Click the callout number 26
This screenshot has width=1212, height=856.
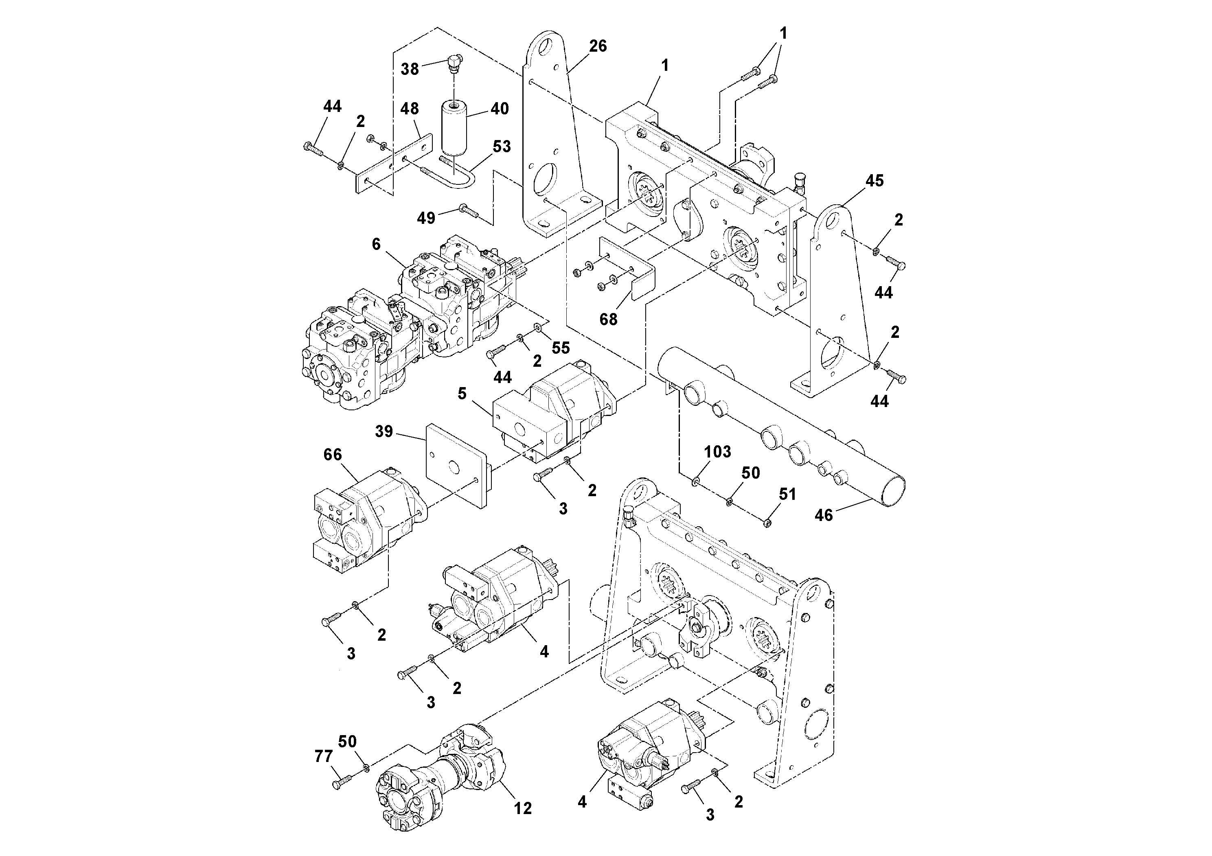[x=598, y=46]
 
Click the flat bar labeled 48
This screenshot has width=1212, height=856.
[x=393, y=163]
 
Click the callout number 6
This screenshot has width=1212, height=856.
[x=376, y=244]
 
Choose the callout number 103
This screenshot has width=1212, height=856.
[x=717, y=452]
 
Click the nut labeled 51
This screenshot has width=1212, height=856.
[x=767, y=523]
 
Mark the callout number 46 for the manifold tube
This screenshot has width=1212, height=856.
[x=824, y=515]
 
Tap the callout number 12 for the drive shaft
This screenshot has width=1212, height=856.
[x=523, y=808]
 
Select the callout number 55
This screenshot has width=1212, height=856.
[x=561, y=347]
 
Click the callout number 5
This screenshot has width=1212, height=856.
[x=462, y=394]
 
